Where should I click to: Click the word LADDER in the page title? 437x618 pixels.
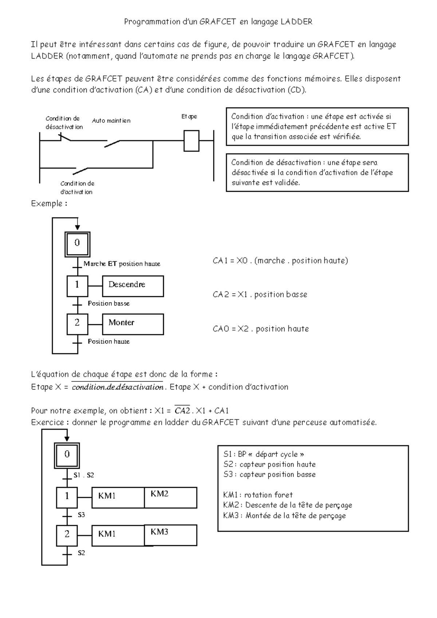[296, 22]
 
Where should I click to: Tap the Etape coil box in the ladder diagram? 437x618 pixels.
[191, 140]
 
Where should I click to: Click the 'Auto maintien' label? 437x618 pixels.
[111, 120]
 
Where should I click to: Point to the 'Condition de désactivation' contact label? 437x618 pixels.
[64, 123]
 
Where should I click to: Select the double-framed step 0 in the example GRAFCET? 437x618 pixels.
[77, 244]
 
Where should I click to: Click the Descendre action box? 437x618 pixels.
[133, 286]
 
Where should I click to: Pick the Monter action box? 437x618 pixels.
[133, 324]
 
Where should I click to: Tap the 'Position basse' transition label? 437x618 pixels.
[109, 304]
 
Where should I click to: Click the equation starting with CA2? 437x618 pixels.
[260, 294]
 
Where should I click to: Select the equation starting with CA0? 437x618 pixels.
[261, 329]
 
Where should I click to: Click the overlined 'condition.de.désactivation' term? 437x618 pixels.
[117, 387]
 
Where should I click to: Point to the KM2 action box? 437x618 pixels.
[170, 498]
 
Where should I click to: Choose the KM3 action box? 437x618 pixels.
[170, 535]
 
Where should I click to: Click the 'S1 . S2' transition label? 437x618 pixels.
[83, 475]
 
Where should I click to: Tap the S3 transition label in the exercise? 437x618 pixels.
[81, 515]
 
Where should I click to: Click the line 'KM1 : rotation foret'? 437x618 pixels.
[258, 495]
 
